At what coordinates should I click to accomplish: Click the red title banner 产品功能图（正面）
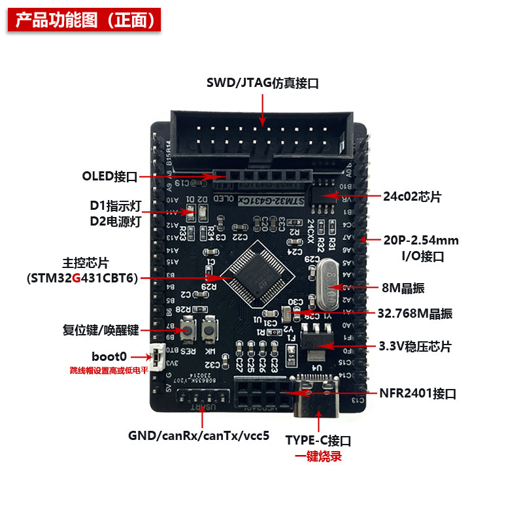(x=85, y=20)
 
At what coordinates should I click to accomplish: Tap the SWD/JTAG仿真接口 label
(x=262, y=83)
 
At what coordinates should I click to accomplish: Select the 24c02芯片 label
(x=413, y=195)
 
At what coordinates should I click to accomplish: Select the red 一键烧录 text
(x=319, y=456)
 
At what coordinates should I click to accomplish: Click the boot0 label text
(x=110, y=357)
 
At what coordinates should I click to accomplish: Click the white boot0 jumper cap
(x=158, y=357)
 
